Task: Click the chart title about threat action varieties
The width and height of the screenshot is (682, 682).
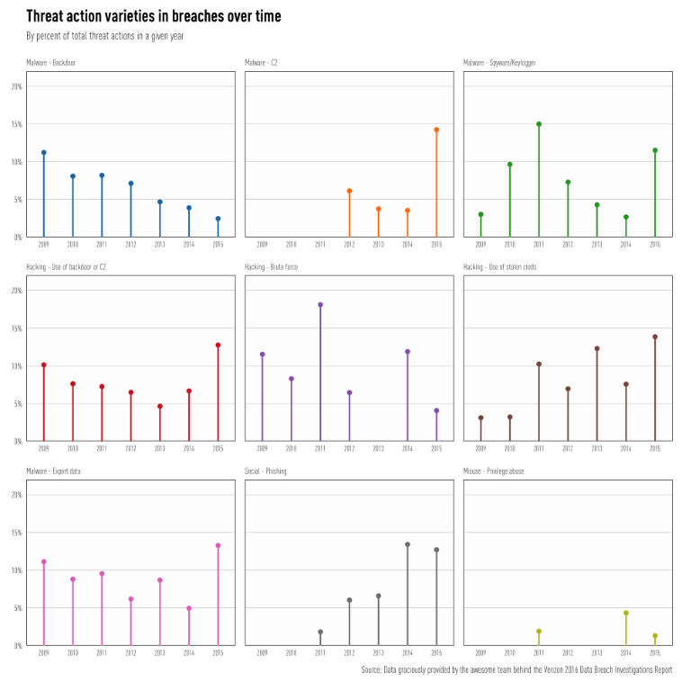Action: pos(153,16)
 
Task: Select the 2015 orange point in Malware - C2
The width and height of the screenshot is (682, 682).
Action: pos(436,130)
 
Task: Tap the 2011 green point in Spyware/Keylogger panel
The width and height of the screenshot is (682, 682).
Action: pos(539,124)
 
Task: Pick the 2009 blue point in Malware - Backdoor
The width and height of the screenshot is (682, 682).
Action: pos(43,153)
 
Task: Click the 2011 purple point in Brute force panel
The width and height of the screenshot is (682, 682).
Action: pos(320,305)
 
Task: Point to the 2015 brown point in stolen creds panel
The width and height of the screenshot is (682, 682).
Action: pos(655,337)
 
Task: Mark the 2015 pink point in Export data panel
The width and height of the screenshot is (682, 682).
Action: pos(218,545)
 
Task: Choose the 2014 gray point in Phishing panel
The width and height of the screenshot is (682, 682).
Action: pos(408,544)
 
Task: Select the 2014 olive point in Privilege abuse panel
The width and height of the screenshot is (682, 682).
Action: pos(626,613)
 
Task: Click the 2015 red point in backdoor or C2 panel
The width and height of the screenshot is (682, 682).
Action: pos(218,345)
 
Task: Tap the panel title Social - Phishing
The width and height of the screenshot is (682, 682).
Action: pos(265,471)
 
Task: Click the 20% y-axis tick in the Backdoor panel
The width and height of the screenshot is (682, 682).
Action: pos(16,86)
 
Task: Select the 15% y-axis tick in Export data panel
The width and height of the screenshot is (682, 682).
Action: pos(16,533)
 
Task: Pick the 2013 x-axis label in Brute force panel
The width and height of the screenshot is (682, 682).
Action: pos(378,448)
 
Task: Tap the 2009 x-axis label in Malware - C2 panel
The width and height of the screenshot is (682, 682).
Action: pos(262,244)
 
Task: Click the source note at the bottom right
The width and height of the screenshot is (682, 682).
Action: pos(516,670)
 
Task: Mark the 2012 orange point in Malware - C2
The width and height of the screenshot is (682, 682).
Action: pos(349,191)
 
